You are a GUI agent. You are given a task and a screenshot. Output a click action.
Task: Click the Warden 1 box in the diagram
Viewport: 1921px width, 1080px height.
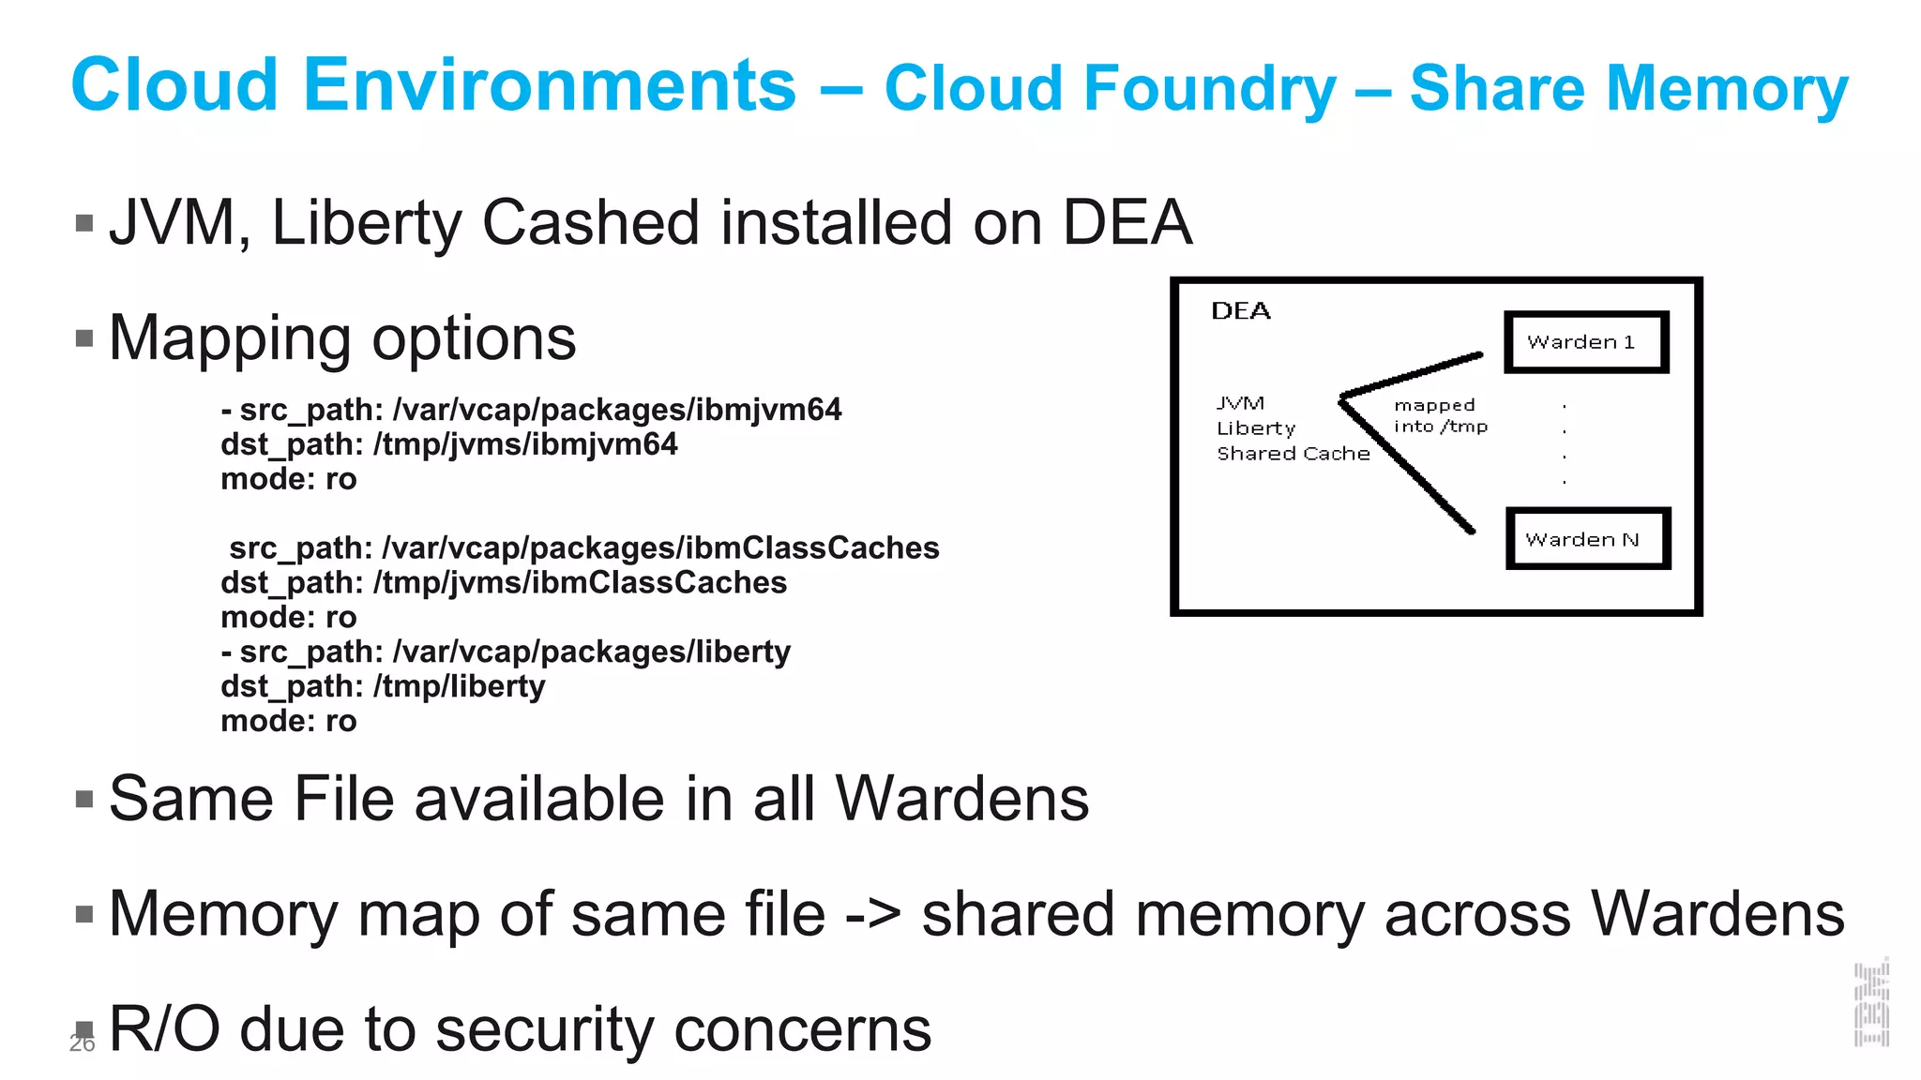tap(1585, 342)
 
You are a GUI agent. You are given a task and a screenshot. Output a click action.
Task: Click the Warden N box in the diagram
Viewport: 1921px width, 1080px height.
tap(1587, 539)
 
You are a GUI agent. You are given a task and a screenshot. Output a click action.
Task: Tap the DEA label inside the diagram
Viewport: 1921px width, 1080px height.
tap(1240, 311)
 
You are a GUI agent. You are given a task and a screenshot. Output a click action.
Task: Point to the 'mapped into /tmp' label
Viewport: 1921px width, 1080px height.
tap(1440, 416)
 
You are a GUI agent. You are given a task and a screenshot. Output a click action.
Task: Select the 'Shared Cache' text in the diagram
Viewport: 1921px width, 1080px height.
tap(1293, 454)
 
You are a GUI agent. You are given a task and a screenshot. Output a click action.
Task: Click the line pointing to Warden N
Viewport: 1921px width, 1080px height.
tap(1407, 465)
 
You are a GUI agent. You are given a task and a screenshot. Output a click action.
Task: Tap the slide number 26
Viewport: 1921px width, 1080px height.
tap(82, 1044)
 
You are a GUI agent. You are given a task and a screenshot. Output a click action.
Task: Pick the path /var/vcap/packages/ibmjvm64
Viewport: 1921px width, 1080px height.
tap(616, 410)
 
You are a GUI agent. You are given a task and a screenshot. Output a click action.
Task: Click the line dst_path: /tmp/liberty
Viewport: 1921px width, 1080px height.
tap(383, 686)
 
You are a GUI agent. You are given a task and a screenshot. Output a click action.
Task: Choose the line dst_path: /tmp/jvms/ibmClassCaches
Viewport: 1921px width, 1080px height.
tap(504, 583)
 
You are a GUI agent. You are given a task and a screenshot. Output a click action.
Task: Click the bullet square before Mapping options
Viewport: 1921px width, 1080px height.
tap(84, 338)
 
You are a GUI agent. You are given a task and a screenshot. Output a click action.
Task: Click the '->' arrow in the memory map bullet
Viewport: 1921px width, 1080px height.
tap(872, 915)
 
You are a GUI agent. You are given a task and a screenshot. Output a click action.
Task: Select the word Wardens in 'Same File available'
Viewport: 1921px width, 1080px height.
tap(961, 799)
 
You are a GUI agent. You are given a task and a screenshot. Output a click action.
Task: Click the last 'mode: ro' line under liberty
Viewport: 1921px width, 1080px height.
tap(289, 721)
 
